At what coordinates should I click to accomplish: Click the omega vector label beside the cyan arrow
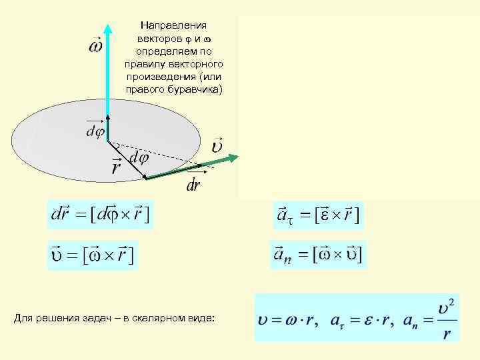pyautogui.click(x=96, y=47)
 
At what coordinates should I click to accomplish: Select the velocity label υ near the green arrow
pyautogui.click(x=217, y=145)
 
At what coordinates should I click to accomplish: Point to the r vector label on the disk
pyautogui.click(x=116, y=167)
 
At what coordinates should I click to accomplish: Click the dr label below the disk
pyautogui.click(x=194, y=185)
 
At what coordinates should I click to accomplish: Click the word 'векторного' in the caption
pyautogui.click(x=197, y=64)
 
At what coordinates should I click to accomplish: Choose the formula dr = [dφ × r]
pyautogui.click(x=101, y=215)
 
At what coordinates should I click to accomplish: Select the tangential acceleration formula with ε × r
pyautogui.click(x=317, y=215)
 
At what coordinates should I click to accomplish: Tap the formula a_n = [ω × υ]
pyautogui.click(x=318, y=254)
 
